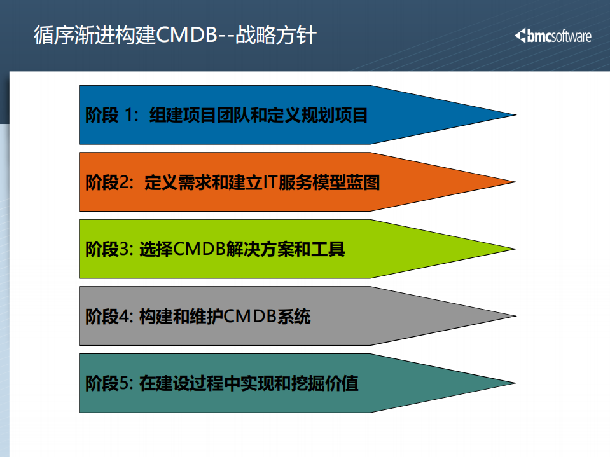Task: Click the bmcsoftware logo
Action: tap(553, 36)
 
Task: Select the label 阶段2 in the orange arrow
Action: tap(108, 182)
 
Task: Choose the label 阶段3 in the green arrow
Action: tap(108, 249)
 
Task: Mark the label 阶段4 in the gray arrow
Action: tap(108, 317)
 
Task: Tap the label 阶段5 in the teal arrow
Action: tap(108, 384)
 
